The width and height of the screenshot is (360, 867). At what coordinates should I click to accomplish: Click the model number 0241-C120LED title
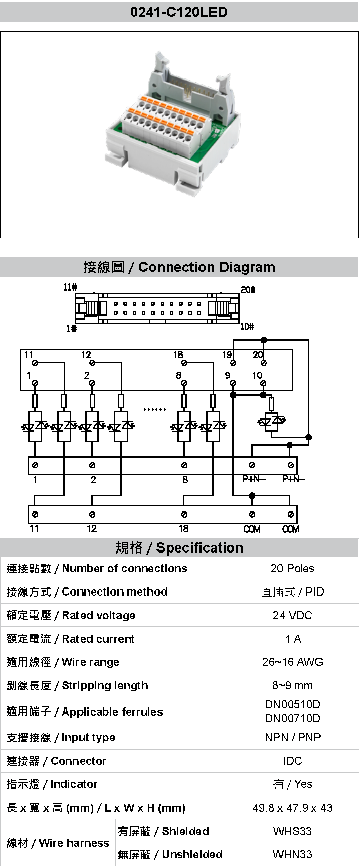pos(179,12)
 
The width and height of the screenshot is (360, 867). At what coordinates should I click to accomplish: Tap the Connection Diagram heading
pos(179,267)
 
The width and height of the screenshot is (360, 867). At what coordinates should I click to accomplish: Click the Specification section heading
pos(179,547)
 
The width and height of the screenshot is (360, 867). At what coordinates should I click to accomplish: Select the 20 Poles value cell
pos(292,568)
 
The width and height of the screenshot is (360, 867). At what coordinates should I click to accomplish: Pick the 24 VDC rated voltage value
pos(292,615)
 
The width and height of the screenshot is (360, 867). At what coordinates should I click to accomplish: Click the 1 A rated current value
pos(292,639)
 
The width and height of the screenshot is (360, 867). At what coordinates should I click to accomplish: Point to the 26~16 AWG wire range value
pos(292,662)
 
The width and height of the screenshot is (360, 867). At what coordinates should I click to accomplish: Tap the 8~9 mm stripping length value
pos(292,685)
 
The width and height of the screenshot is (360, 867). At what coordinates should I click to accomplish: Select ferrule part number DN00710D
pos(292,718)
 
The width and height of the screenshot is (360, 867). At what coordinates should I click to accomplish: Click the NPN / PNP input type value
pos(292,737)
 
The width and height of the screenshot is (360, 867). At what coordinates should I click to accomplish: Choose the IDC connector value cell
pos(292,761)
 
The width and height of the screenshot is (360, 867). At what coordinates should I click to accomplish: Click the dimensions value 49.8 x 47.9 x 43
pos(292,808)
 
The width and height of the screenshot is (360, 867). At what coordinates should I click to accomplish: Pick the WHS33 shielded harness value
pos(292,831)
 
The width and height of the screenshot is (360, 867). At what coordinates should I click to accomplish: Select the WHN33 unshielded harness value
pos(292,854)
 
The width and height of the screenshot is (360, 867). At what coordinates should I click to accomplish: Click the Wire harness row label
pos(58,843)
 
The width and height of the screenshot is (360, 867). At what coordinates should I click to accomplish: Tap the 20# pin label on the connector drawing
pos(248,290)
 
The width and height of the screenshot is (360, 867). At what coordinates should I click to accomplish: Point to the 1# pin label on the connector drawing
pos(71,329)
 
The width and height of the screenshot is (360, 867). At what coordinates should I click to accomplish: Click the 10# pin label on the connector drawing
pos(247,327)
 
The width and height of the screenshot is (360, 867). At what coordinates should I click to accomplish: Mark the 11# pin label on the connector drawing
pos(70,287)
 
